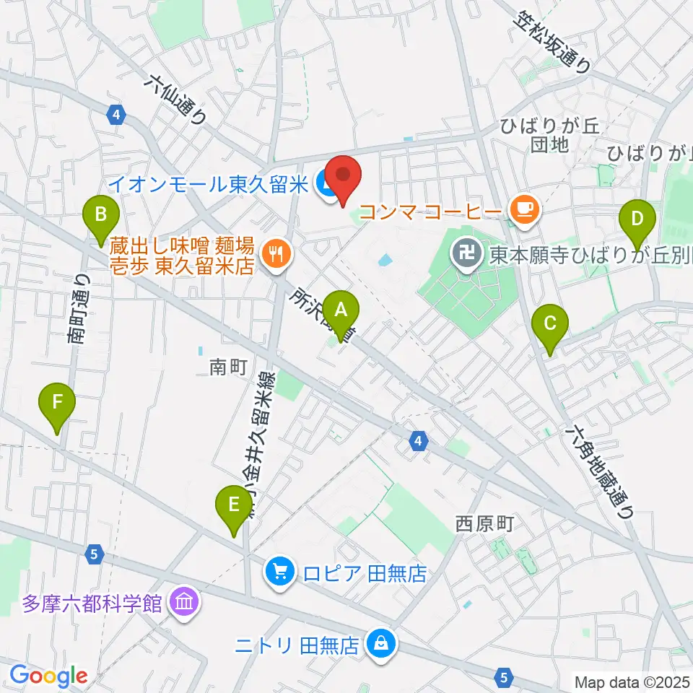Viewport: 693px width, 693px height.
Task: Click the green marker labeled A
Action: pos(341,311)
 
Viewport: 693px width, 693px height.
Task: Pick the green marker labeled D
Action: pos(637,219)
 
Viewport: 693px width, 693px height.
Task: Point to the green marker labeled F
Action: pos(58,401)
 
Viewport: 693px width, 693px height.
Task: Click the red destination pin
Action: pos(342,178)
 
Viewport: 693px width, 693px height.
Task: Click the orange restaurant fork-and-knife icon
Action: pos(276,253)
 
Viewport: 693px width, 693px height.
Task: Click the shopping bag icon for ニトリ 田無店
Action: pos(380,642)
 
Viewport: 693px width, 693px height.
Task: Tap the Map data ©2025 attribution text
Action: pos(632,681)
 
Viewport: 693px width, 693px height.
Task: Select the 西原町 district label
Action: pos(484,523)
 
